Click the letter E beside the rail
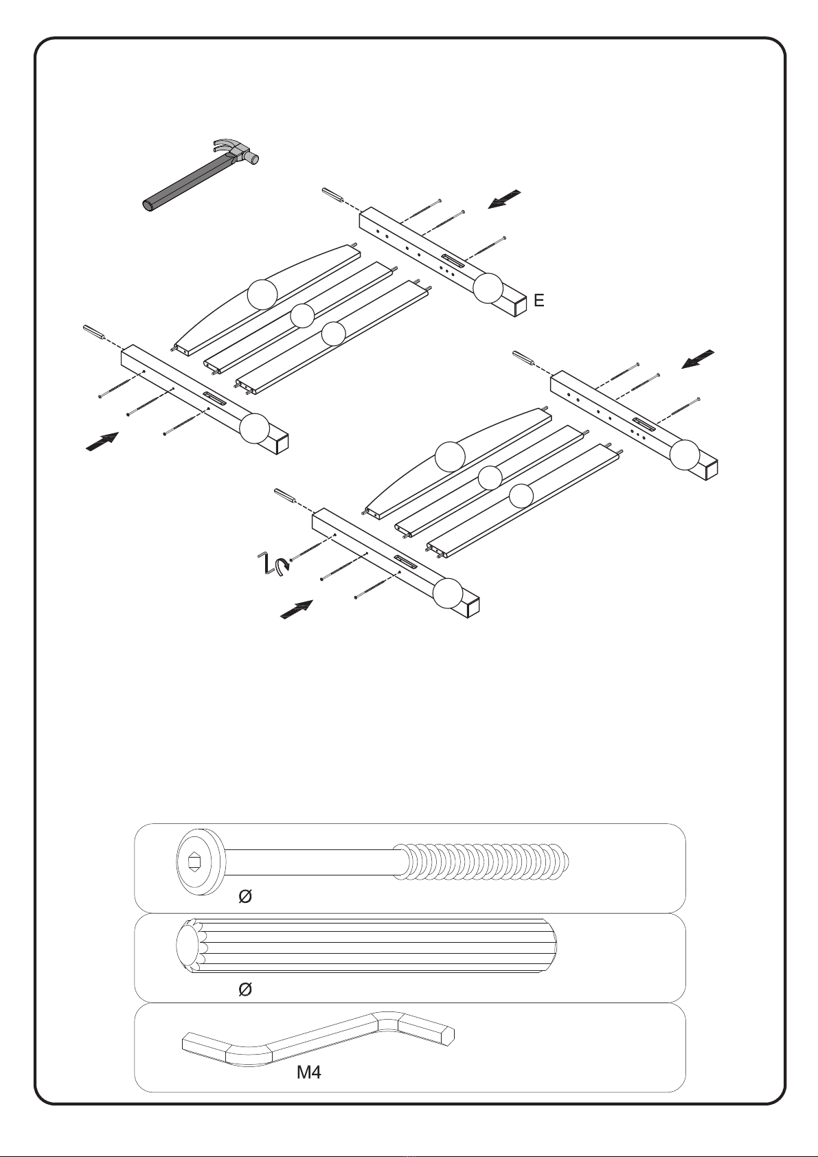coord(539,300)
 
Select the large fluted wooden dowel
coord(366,946)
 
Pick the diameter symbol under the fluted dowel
coord(245,989)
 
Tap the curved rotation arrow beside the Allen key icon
coord(282,566)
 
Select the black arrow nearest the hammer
coord(504,199)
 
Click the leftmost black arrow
coord(102,442)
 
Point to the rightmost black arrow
coord(698,360)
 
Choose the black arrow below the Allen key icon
coord(297,609)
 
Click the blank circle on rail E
coord(488,288)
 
